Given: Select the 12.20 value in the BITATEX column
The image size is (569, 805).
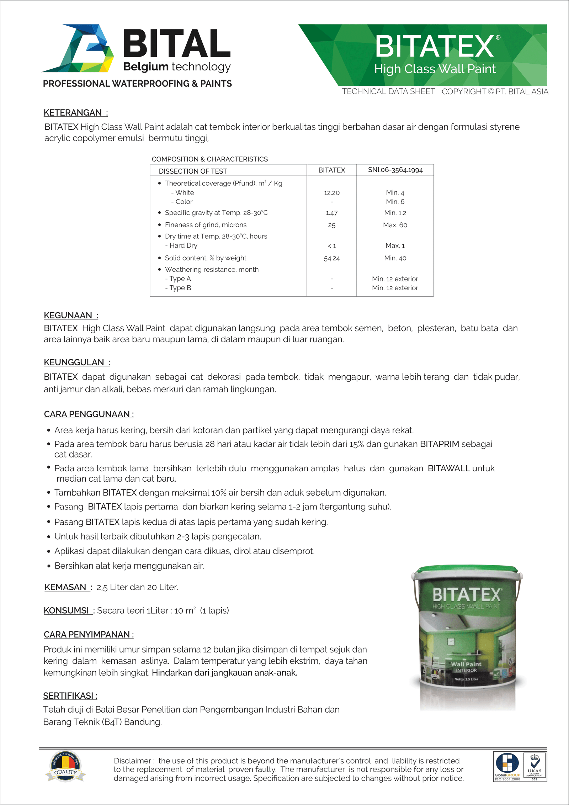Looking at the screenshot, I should (331, 193).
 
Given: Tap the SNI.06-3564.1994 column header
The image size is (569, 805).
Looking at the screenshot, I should (395, 170).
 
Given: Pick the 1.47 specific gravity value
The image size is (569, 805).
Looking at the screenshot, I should (331, 213).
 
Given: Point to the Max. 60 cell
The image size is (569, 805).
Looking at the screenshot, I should (395, 225).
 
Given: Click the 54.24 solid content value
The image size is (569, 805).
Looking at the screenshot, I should (331, 258).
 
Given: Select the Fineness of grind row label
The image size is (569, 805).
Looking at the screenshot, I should (206, 225).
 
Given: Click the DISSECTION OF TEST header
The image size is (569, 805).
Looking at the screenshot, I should (193, 171).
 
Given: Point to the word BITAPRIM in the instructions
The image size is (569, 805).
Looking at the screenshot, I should (440, 444).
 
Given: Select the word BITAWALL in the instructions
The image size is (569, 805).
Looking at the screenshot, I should (449, 468).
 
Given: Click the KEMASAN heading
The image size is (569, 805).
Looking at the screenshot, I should (65, 587).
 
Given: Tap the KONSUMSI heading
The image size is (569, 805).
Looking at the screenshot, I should (66, 611).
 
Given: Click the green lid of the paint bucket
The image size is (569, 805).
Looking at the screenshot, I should (467, 570).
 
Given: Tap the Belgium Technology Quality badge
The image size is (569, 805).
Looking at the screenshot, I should (65, 766).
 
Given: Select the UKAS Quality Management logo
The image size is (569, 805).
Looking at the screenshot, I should (535, 767).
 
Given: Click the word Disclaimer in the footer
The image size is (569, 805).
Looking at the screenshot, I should (132, 761).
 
